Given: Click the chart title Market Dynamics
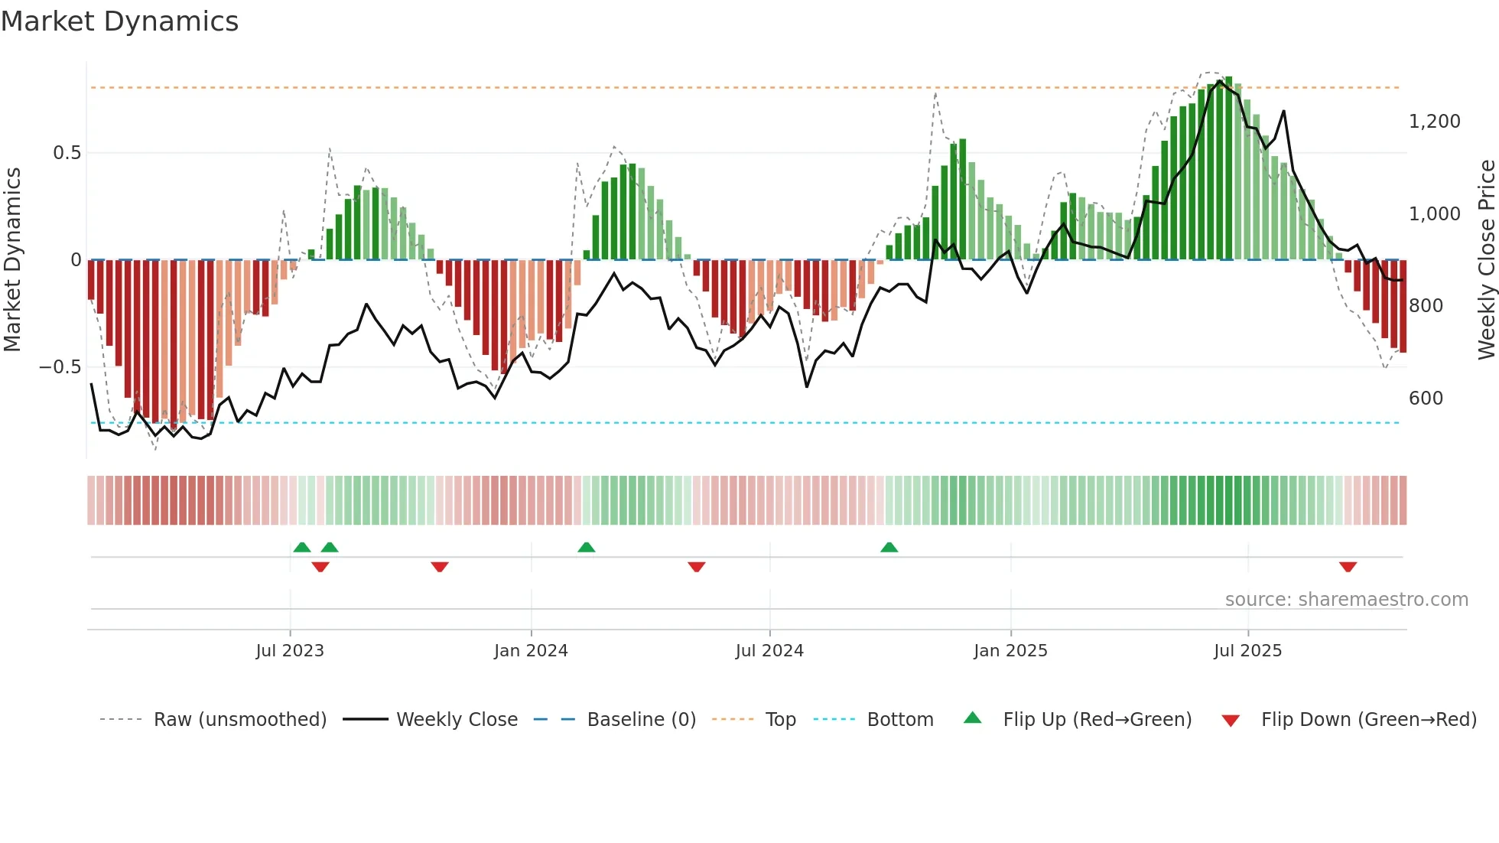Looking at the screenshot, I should click(x=119, y=21).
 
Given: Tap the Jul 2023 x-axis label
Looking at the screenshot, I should click(x=290, y=651).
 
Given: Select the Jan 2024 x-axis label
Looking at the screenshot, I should click(x=531, y=651).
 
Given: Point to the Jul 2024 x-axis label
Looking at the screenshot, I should click(x=769, y=651).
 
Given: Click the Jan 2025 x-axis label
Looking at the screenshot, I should click(x=1010, y=651).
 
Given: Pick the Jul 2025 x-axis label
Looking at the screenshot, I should click(x=1247, y=651).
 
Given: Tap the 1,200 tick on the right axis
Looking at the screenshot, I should click(x=1434, y=122).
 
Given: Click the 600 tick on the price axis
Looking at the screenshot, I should click(x=1426, y=399).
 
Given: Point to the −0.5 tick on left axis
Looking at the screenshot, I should click(x=60, y=367).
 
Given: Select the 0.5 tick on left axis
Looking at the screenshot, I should click(x=67, y=153).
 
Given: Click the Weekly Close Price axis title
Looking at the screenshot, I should click(x=1486, y=260).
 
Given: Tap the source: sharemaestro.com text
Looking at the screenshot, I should click(x=1346, y=600).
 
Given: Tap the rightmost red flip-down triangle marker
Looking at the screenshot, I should click(x=1348, y=567).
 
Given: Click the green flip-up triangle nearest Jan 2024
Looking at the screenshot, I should click(x=586, y=547).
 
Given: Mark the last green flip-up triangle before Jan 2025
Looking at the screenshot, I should click(x=889, y=547).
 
